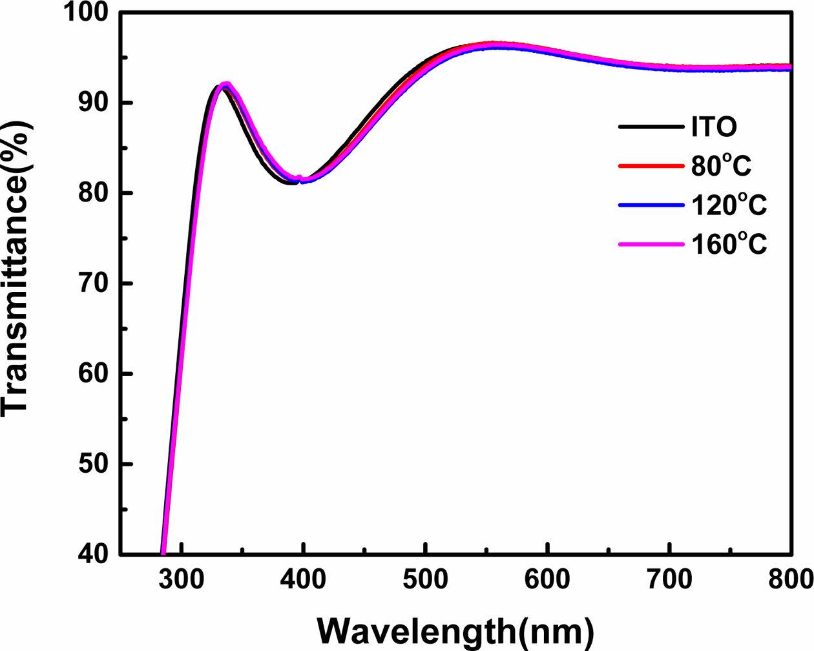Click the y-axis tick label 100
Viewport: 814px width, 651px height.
(x=85, y=13)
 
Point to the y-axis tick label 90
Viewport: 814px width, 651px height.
(x=94, y=103)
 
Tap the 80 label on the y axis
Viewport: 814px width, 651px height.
(x=94, y=193)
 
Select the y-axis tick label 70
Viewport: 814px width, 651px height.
(x=94, y=284)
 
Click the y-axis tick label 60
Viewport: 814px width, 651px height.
(x=94, y=374)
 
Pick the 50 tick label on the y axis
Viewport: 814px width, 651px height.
(x=94, y=464)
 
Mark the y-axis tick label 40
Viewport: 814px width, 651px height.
(x=94, y=555)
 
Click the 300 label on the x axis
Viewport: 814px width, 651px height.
(x=182, y=579)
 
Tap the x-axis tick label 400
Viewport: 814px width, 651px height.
(x=304, y=579)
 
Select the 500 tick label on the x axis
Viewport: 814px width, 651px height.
(x=426, y=579)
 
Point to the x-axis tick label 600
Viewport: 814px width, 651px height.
(x=548, y=579)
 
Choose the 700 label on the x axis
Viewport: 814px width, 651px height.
(x=670, y=579)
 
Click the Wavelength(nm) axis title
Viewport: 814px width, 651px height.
(x=455, y=629)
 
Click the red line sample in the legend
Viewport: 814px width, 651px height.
(x=651, y=166)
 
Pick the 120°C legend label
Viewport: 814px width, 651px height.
(x=729, y=205)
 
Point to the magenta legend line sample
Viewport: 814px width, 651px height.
(x=651, y=245)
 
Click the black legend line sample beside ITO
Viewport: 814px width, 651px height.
(x=651, y=127)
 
